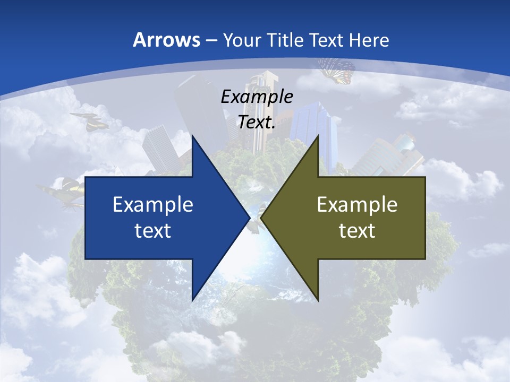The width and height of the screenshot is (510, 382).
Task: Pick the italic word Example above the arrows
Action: coord(257,97)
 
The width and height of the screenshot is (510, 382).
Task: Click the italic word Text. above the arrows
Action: coord(257,122)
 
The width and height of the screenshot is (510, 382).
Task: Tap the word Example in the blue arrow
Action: coord(153,204)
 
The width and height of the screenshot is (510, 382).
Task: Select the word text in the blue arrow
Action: coord(153,230)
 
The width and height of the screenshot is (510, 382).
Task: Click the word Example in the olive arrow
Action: coord(357,204)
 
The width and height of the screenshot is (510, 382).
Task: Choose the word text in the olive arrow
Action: coord(357,230)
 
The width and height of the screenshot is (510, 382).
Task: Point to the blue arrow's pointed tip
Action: coord(249,218)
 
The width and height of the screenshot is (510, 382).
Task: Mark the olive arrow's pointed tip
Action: coord(262,218)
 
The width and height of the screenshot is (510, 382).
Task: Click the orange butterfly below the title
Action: coord(336,71)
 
